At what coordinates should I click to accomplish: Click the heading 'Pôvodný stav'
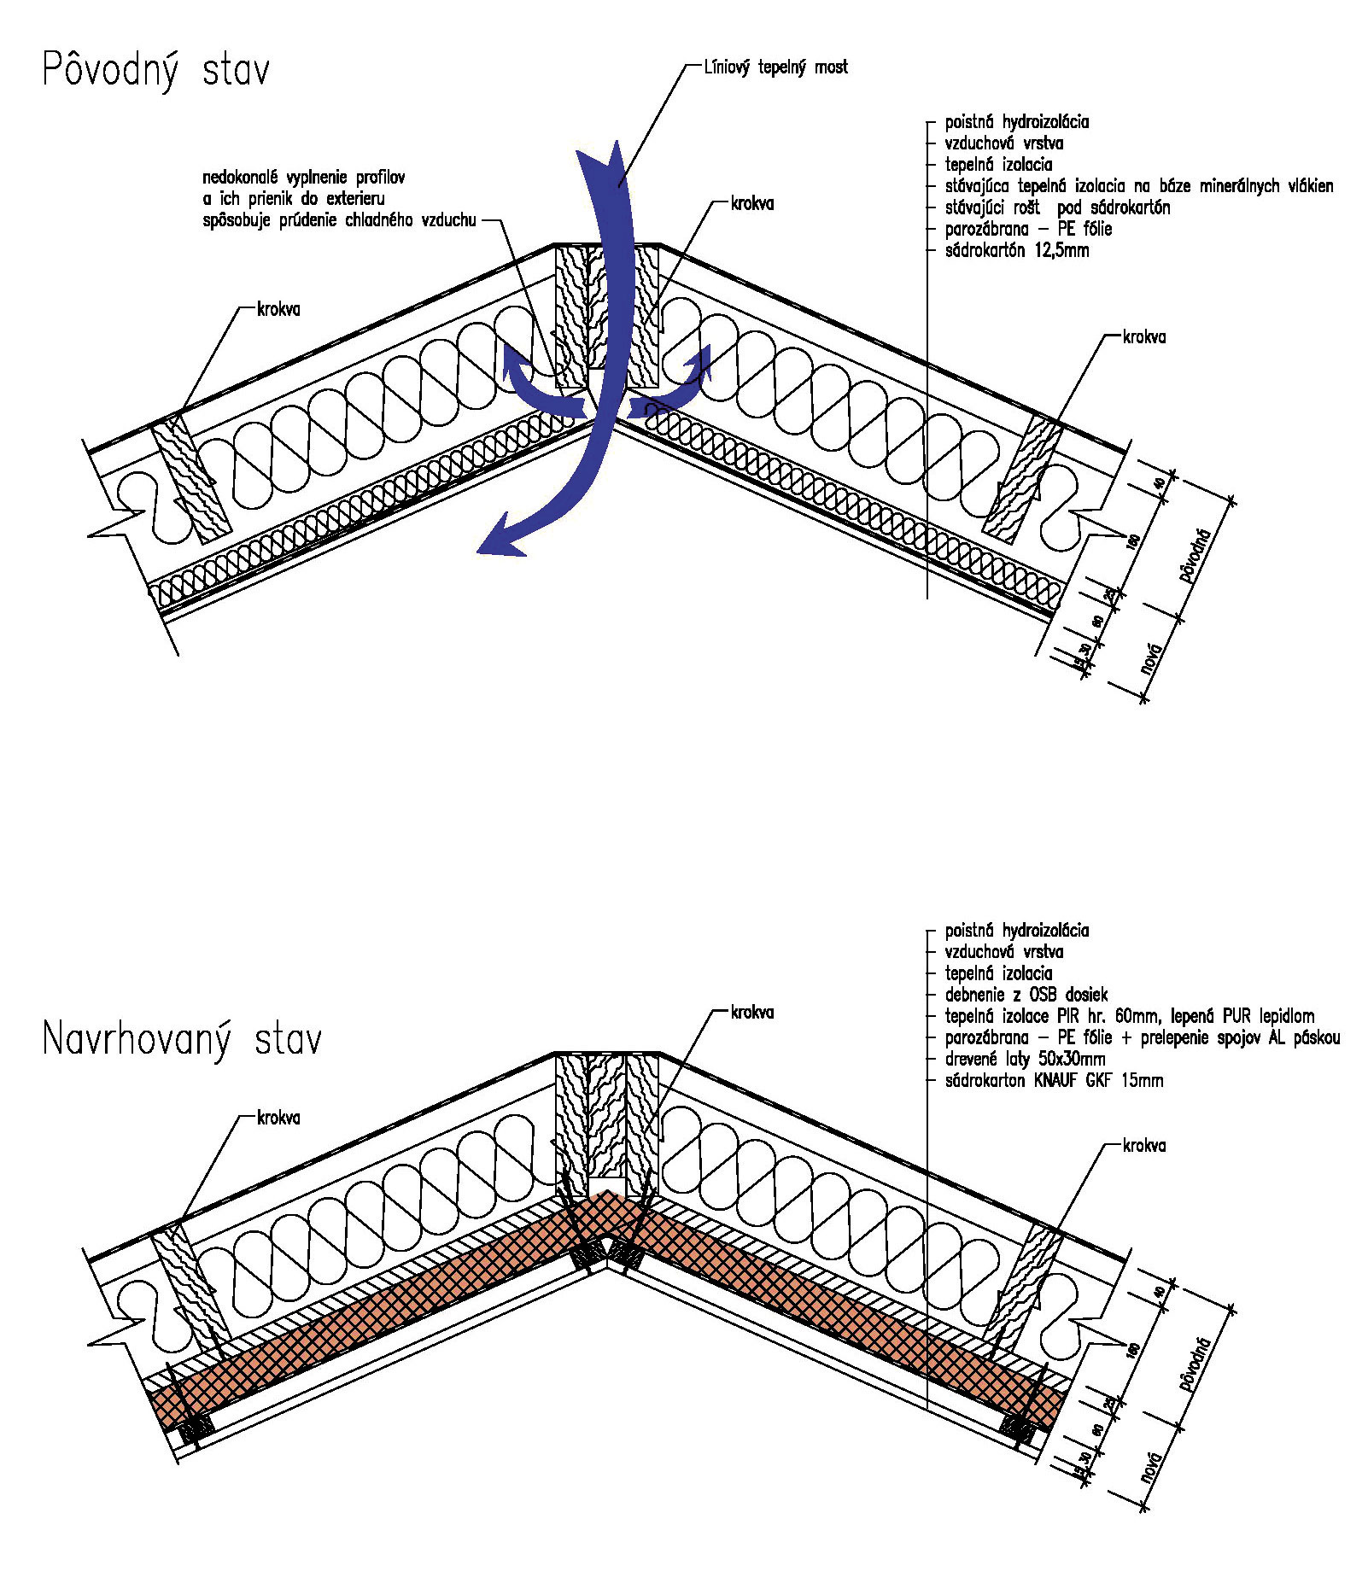(x=156, y=70)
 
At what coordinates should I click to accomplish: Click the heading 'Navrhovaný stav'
(x=182, y=1040)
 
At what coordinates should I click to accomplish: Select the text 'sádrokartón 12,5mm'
(x=1017, y=251)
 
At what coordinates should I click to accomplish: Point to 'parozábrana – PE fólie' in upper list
(x=1028, y=230)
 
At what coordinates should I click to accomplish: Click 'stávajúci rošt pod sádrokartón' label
(x=1057, y=207)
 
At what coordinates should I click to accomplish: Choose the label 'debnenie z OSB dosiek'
(x=1026, y=995)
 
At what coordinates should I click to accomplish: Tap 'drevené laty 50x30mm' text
(x=1025, y=1059)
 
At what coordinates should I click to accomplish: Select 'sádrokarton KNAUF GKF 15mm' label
(x=1054, y=1081)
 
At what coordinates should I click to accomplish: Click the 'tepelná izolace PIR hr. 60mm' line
(x=1129, y=1016)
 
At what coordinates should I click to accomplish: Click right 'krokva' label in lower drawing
(x=1144, y=1146)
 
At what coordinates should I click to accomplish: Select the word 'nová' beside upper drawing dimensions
(x=1152, y=657)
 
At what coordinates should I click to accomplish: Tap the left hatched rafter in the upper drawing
(x=192, y=479)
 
